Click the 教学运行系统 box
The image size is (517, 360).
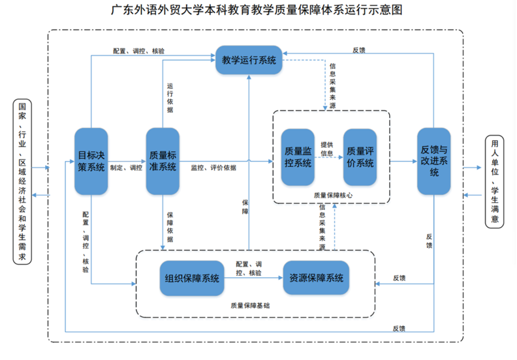coord(248,60)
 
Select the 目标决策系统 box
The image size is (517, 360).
coord(91,161)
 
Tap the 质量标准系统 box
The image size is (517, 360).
coord(163,161)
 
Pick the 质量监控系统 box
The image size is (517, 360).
coord(298,157)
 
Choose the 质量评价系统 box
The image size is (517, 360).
coord(360,157)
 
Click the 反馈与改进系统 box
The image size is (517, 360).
coord(434,161)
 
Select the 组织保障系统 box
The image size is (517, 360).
coord(192,278)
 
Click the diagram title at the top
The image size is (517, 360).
coord(257,10)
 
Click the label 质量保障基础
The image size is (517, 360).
coord(250,305)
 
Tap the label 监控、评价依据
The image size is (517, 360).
coord(213,168)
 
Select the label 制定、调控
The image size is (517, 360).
coord(126,168)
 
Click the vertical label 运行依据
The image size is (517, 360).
coord(170,98)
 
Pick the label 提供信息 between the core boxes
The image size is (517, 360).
coord(327,149)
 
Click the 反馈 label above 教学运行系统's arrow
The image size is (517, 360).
coord(358,50)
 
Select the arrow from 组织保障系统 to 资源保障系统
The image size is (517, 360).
coord(253,278)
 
